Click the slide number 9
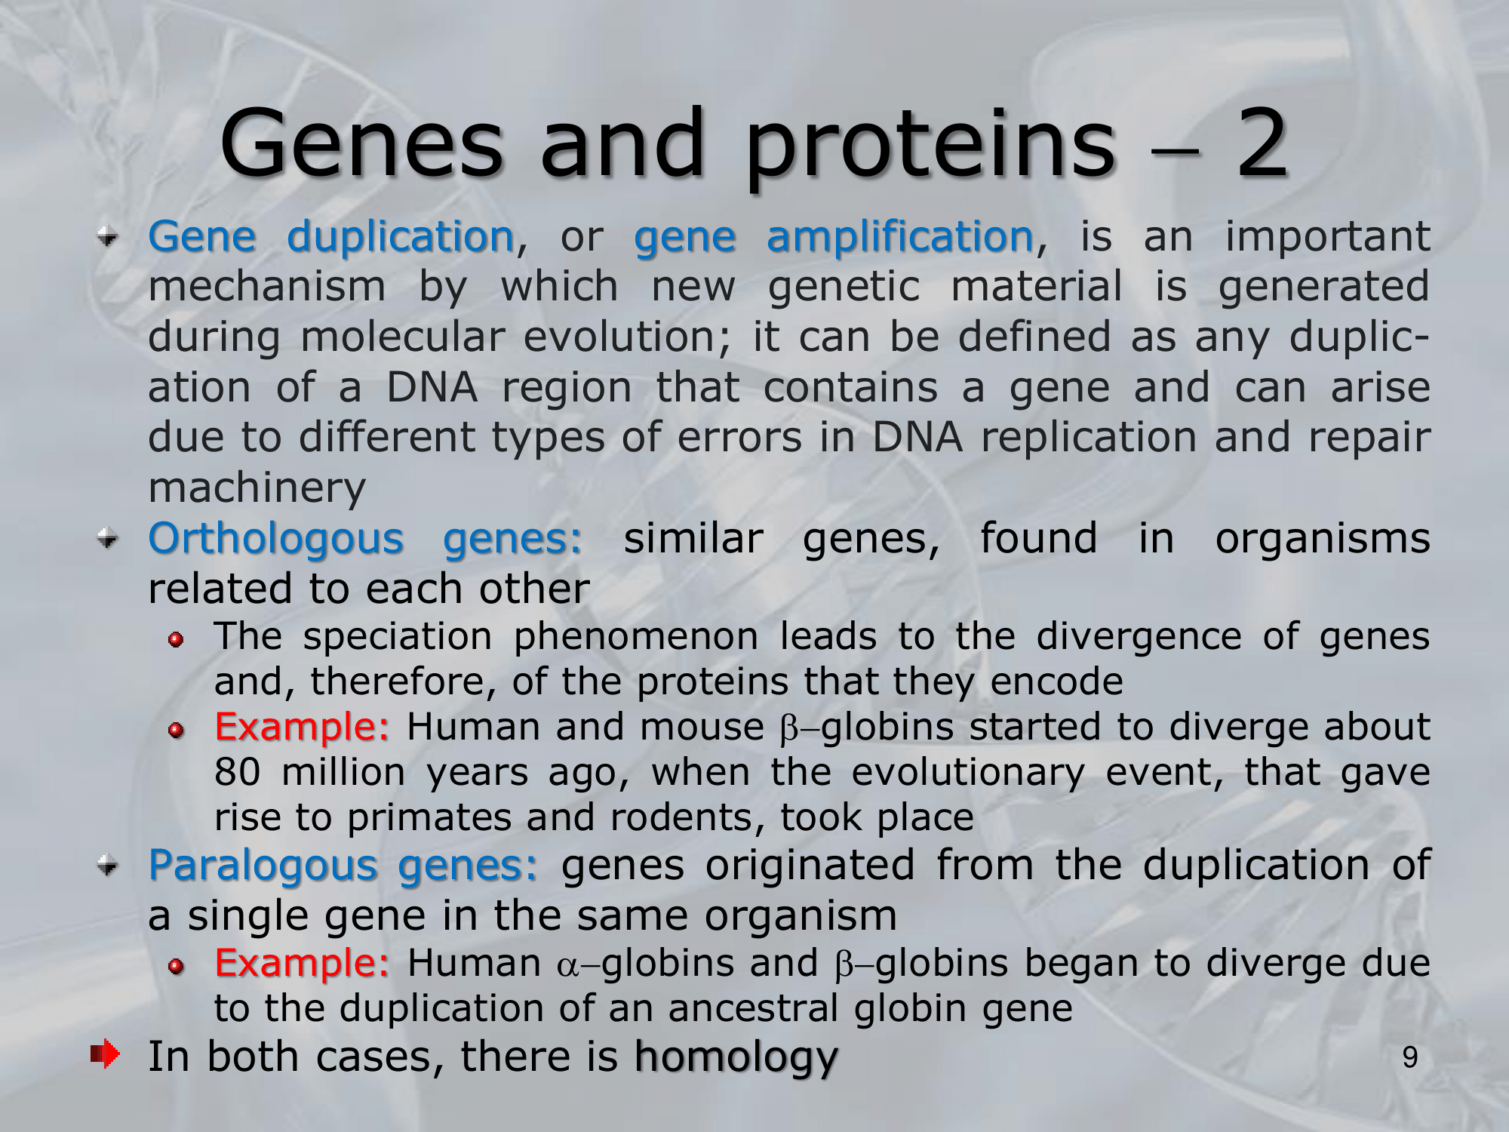(x=1410, y=1058)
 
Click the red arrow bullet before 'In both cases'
(x=105, y=1054)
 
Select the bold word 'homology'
(x=736, y=1057)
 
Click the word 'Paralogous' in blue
(x=263, y=866)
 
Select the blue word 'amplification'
(x=899, y=238)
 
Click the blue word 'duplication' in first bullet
(x=401, y=236)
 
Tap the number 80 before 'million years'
(x=238, y=773)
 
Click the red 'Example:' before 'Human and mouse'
(x=302, y=727)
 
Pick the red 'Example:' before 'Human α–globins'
(x=302, y=964)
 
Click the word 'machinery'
(x=257, y=489)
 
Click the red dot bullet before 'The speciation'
(x=176, y=640)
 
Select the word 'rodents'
(x=682, y=818)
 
